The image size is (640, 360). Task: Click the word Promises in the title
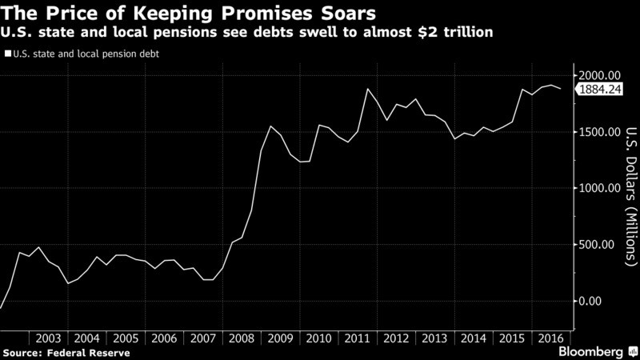click(x=265, y=14)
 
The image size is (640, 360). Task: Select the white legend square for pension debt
click(x=7, y=55)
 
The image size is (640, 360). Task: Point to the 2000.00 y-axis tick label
click(x=600, y=75)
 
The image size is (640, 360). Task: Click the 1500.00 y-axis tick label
click(x=600, y=132)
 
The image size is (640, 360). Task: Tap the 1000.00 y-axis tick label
click(x=600, y=188)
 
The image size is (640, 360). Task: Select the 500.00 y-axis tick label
click(x=602, y=245)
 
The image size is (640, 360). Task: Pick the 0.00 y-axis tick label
click(x=607, y=301)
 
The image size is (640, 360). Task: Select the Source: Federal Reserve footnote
click(x=66, y=352)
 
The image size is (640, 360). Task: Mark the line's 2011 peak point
click(x=367, y=89)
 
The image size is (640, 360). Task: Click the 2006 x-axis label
click(x=164, y=338)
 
